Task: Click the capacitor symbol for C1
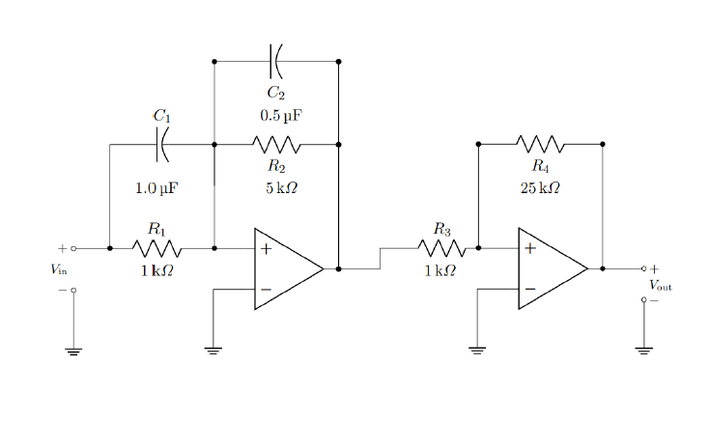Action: [162, 145]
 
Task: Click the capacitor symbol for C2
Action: [276, 61]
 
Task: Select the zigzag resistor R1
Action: [156, 248]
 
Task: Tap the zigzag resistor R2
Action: [276, 145]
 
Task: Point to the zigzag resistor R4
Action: [540, 145]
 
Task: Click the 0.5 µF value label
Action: [280, 115]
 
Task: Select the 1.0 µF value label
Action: [156, 187]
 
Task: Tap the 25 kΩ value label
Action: [540, 187]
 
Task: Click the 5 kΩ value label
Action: [281, 187]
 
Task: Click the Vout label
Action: [661, 285]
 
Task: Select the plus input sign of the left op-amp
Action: [266, 248]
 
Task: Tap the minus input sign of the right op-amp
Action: [529, 289]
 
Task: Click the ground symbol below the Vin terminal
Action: [73, 351]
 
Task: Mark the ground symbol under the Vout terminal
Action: [644, 351]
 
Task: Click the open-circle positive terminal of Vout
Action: [644, 269]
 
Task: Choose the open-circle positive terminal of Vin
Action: [73, 248]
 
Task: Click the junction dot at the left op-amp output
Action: [339, 269]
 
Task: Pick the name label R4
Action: [540, 165]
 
